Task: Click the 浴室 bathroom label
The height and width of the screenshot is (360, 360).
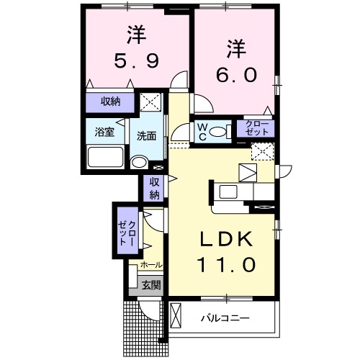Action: coord(106,132)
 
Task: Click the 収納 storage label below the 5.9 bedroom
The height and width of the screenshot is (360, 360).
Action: coord(110,102)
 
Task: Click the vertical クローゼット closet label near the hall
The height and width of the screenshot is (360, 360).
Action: coord(127,230)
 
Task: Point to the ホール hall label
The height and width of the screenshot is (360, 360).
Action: coord(150,265)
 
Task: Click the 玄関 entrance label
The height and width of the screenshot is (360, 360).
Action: coord(150,285)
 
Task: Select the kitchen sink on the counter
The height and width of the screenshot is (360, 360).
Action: coord(229,192)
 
